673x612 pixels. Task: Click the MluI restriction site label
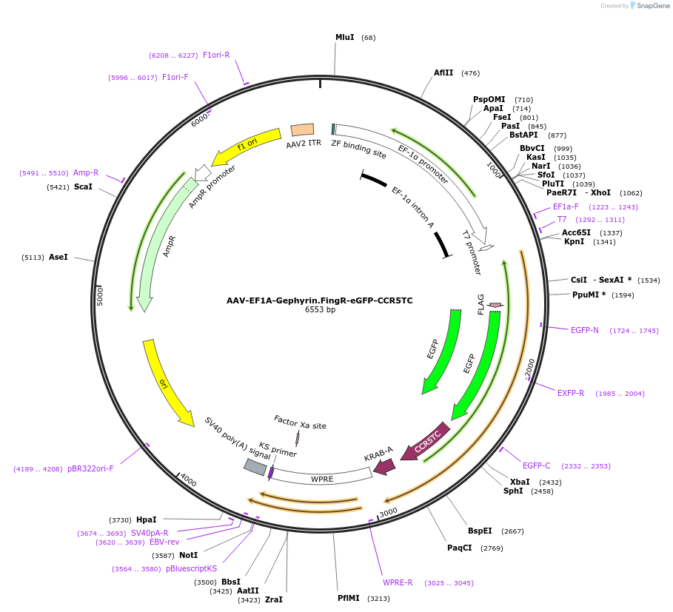point(344,37)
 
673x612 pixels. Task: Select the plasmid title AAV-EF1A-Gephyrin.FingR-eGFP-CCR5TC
point(320,300)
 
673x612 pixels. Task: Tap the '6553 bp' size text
point(320,310)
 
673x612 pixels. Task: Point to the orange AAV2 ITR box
point(302,130)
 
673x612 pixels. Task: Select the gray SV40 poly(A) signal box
point(255,467)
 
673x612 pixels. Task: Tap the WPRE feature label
point(322,479)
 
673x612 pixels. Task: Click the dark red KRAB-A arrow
point(384,465)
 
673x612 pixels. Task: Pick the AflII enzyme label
point(443,73)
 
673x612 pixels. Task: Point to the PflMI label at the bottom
point(348,598)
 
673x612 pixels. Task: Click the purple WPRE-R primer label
point(398,583)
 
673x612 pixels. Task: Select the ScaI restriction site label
point(83,187)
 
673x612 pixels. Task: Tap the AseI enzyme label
point(58,258)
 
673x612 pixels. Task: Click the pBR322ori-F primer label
point(90,468)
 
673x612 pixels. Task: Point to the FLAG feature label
point(481,304)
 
